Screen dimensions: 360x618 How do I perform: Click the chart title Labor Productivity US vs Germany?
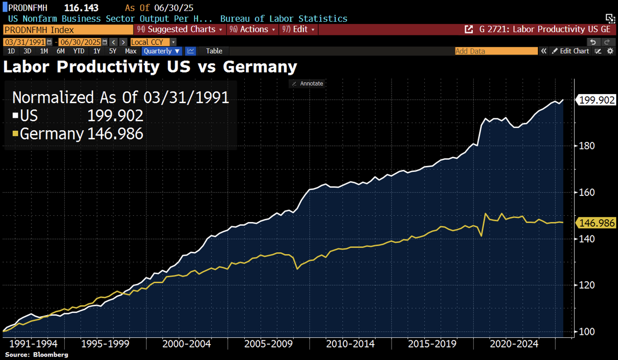coord(150,67)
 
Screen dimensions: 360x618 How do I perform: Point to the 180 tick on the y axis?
coord(586,146)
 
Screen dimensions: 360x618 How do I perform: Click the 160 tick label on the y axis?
coord(586,193)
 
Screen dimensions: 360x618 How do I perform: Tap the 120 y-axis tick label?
coord(586,285)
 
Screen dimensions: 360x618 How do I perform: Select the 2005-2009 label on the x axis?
coord(269,344)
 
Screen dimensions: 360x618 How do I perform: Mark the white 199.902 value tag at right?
coord(597,100)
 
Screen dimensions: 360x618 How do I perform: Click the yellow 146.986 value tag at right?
coord(597,223)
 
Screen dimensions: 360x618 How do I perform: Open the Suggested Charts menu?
coord(181,29)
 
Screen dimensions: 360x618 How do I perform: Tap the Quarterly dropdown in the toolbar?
coord(162,51)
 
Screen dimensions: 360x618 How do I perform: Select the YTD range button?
coord(79,51)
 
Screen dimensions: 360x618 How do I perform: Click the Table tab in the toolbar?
coord(214,51)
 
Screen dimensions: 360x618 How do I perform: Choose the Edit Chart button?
coord(571,51)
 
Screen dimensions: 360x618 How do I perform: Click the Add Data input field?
coord(496,51)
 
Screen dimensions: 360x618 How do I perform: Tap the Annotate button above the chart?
coord(307,83)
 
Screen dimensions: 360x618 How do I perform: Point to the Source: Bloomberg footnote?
coord(37,355)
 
